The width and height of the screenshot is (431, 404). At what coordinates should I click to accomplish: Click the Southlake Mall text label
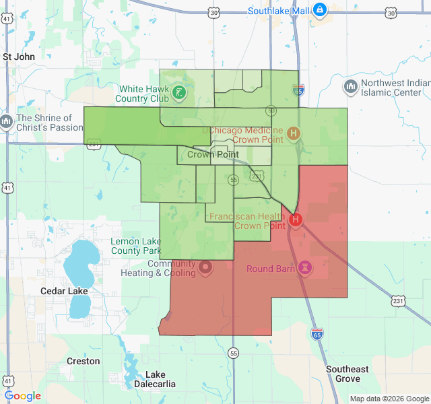tap(278, 11)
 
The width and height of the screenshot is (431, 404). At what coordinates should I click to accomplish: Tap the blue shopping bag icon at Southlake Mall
tap(320, 10)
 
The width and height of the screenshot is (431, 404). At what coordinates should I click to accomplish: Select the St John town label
tap(19, 57)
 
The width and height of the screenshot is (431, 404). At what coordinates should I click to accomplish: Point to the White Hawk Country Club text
tap(141, 94)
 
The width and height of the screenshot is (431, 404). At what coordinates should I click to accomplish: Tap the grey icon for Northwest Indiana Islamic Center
tap(350, 87)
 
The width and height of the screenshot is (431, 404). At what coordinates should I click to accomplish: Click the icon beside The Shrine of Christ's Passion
tap(6, 122)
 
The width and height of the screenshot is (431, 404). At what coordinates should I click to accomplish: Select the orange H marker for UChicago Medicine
tap(293, 133)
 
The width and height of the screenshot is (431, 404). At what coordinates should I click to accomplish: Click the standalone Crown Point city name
tap(213, 154)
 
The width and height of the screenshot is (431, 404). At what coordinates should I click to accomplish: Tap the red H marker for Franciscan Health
tap(295, 220)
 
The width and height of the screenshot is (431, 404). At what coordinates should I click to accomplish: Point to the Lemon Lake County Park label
tap(135, 246)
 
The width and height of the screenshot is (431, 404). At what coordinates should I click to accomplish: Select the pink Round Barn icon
tap(305, 268)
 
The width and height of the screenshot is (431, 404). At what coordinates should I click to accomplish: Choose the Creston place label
tap(84, 361)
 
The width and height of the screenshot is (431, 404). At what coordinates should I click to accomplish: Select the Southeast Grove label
tap(347, 374)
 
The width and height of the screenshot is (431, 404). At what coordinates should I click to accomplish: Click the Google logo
tap(23, 396)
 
